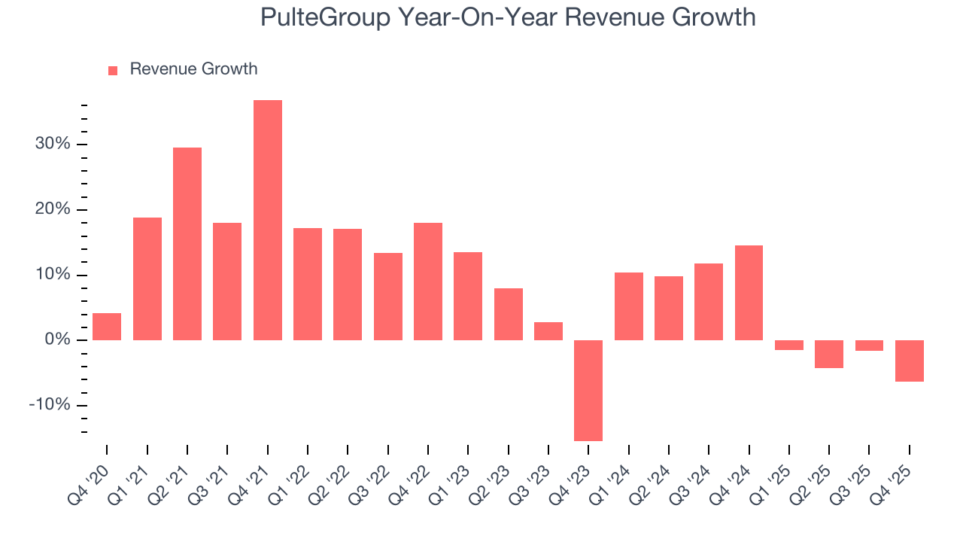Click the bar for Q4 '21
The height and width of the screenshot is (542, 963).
coord(268,220)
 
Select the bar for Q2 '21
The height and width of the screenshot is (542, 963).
coord(187,243)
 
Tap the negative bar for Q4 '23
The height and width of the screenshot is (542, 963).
coord(588,390)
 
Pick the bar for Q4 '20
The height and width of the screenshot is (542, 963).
coord(107,326)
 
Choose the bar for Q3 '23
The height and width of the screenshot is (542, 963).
coord(548,331)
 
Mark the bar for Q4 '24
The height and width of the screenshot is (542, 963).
coord(749,293)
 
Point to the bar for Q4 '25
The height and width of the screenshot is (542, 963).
coord(910,361)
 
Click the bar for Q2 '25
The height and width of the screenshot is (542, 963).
coord(829,354)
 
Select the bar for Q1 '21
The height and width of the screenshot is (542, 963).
coord(147,279)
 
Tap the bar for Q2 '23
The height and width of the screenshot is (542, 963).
coord(509,314)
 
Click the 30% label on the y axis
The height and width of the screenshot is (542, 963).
coord(53,144)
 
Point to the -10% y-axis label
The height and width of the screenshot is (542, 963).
coord(50,405)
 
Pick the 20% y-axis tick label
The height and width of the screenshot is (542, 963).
coord(53,209)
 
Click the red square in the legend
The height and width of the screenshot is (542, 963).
coord(113,70)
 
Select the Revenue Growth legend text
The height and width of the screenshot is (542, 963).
coord(193,69)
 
